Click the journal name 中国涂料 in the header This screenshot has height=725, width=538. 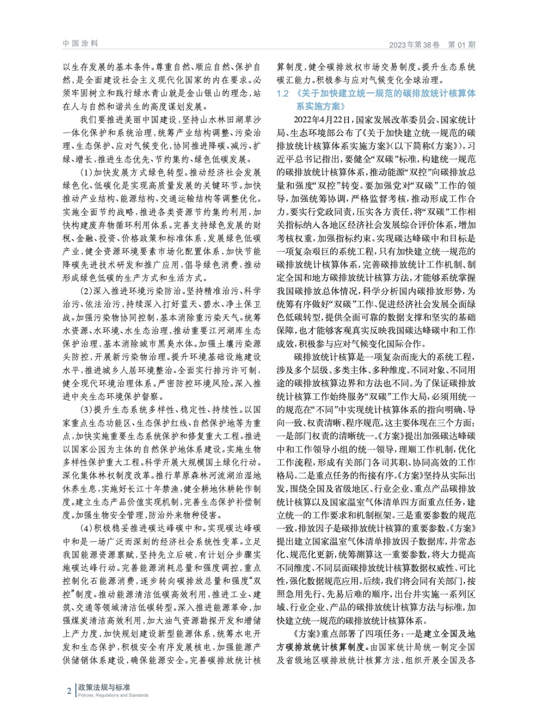pyautogui.click(x=80, y=43)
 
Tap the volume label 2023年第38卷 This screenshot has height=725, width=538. pyautogui.click(x=414, y=45)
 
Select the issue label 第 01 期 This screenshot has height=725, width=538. pyautogui.click(x=461, y=45)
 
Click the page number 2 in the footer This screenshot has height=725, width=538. pyautogui.click(x=69, y=691)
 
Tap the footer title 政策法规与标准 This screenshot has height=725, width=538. pyautogui.click(x=104, y=687)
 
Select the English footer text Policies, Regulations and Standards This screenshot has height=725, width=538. pyautogui.click(x=113, y=695)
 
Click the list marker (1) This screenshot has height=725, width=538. pyautogui.click(x=86, y=173)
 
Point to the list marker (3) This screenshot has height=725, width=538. pyautogui.click(x=86, y=410)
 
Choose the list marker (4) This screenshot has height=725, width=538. pyautogui.click(x=86, y=528)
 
